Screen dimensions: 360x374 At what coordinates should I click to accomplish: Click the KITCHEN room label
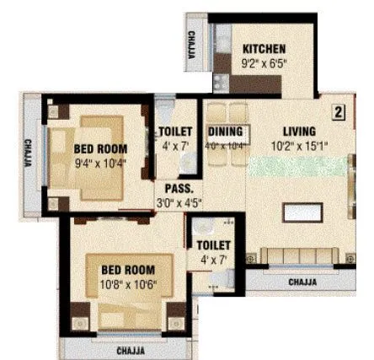[264, 48]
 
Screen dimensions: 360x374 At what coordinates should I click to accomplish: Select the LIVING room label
[299, 132]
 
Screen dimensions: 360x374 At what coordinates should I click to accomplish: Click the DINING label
[225, 132]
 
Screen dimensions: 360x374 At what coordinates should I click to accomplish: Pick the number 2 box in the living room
[337, 110]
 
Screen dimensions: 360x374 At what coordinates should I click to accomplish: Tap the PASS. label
[179, 188]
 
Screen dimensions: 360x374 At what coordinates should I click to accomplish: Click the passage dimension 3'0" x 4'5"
[179, 202]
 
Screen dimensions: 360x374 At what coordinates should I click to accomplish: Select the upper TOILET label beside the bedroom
[176, 132]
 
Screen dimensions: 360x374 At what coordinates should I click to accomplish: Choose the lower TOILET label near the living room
[213, 245]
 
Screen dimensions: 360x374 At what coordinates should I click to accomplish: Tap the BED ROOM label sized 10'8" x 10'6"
[129, 270]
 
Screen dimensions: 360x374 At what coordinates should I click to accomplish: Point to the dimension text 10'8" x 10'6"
[129, 283]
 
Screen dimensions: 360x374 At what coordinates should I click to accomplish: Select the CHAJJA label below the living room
[304, 282]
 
